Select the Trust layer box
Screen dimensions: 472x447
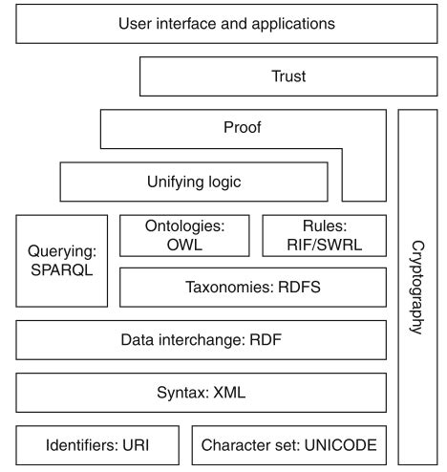[x=287, y=76]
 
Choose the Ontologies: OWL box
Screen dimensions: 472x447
[x=184, y=233]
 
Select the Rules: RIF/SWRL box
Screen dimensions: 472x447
[x=324, y=233]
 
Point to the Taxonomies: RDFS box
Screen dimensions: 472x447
[x=253, y=286]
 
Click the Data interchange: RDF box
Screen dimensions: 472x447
[x=202, y=338]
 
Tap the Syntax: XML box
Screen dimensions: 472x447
[x=202, y=392]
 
